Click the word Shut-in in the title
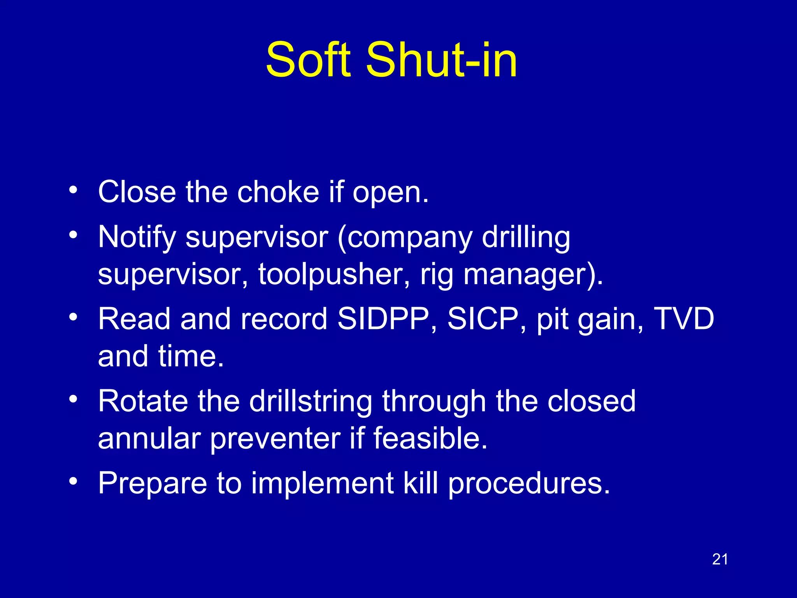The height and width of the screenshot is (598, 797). point(442,60)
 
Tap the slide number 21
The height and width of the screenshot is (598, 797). point(720,559)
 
